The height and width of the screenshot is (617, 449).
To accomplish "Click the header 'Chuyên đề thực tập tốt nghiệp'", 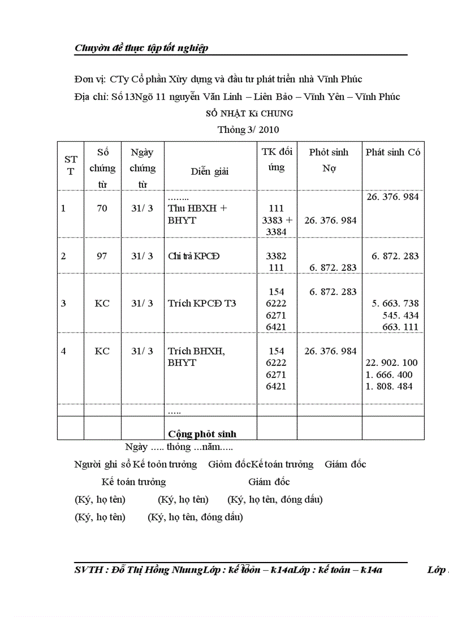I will (141, 48).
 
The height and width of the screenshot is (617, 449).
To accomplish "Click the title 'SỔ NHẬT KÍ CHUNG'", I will (249, 114).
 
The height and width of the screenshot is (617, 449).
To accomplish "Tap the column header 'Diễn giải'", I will (210, 171).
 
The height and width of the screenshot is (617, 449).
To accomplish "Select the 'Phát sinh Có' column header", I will (393, 153).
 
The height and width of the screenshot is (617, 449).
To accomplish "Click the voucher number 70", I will (102, 208).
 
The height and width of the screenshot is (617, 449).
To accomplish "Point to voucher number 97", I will (102, 256).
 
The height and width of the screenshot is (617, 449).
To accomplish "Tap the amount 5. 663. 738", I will (395, 303).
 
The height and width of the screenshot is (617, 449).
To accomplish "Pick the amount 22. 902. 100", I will (392, 363).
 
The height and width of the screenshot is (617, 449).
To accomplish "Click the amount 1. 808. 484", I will (389, 386).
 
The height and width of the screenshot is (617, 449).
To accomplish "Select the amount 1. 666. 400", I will (389, 375).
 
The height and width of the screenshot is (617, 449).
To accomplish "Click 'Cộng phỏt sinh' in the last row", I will (202, 434).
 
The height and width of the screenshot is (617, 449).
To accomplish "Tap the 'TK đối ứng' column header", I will (277, 159).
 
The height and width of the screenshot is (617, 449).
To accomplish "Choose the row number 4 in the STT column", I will (63, 351).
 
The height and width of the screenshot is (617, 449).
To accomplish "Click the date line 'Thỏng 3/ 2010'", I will (249, 130).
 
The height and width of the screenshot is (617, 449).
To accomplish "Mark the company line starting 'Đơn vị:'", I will (218, 80).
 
